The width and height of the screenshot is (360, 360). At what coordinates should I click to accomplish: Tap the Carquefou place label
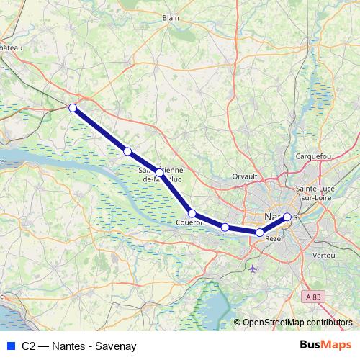(313, 156)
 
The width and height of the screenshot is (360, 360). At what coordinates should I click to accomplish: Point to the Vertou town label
(324, 256)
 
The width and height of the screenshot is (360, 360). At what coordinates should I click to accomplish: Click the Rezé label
(273, 238)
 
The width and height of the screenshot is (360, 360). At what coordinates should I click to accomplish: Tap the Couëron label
(190, 222)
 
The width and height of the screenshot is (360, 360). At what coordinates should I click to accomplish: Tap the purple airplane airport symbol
(252, 269)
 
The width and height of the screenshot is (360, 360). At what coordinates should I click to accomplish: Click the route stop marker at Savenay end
(72, 108)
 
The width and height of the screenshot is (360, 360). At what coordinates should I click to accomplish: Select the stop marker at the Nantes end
(287, 217)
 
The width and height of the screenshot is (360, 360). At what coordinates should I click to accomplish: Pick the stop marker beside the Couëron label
(192, 213)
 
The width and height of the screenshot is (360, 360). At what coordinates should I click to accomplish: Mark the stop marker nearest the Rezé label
(260, 232)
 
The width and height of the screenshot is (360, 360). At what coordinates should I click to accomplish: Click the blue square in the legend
(10, 346)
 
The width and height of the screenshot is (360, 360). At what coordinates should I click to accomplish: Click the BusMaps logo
(325, 345)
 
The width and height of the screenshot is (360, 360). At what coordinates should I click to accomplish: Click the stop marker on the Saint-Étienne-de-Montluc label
(160, 172)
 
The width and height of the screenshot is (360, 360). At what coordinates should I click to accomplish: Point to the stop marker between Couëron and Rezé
(225, 228)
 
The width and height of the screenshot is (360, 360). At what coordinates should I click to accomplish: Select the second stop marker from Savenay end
(127, 151)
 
